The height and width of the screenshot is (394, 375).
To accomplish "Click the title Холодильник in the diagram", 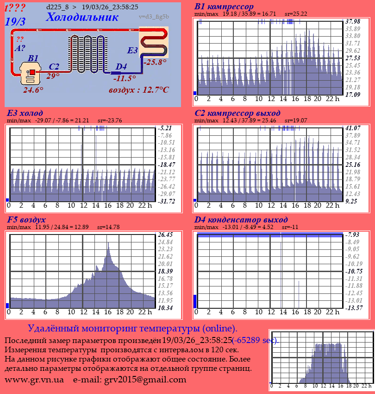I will [82, 17].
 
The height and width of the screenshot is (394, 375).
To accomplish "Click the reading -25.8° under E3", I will [155, 62].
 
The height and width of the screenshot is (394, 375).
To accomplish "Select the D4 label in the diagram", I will [121, 67].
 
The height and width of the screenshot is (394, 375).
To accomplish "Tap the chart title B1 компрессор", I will [224, 6].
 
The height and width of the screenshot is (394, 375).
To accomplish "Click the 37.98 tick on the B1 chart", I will [353, 21].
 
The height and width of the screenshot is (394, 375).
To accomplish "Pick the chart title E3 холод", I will [25, 113].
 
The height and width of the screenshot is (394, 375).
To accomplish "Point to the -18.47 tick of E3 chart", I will [166, 165].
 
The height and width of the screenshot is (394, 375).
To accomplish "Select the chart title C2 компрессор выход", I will [237, 113].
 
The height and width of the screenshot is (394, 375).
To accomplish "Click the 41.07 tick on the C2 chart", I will [353, 127].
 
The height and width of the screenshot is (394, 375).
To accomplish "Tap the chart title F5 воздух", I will [26, 219].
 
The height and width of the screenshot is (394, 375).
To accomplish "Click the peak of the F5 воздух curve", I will [109, 244].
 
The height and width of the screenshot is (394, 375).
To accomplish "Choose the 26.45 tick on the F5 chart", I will [165, 234].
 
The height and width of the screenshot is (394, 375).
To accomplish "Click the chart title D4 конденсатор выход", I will [241, 219].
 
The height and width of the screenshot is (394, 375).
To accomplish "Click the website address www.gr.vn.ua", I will [34, 380].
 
